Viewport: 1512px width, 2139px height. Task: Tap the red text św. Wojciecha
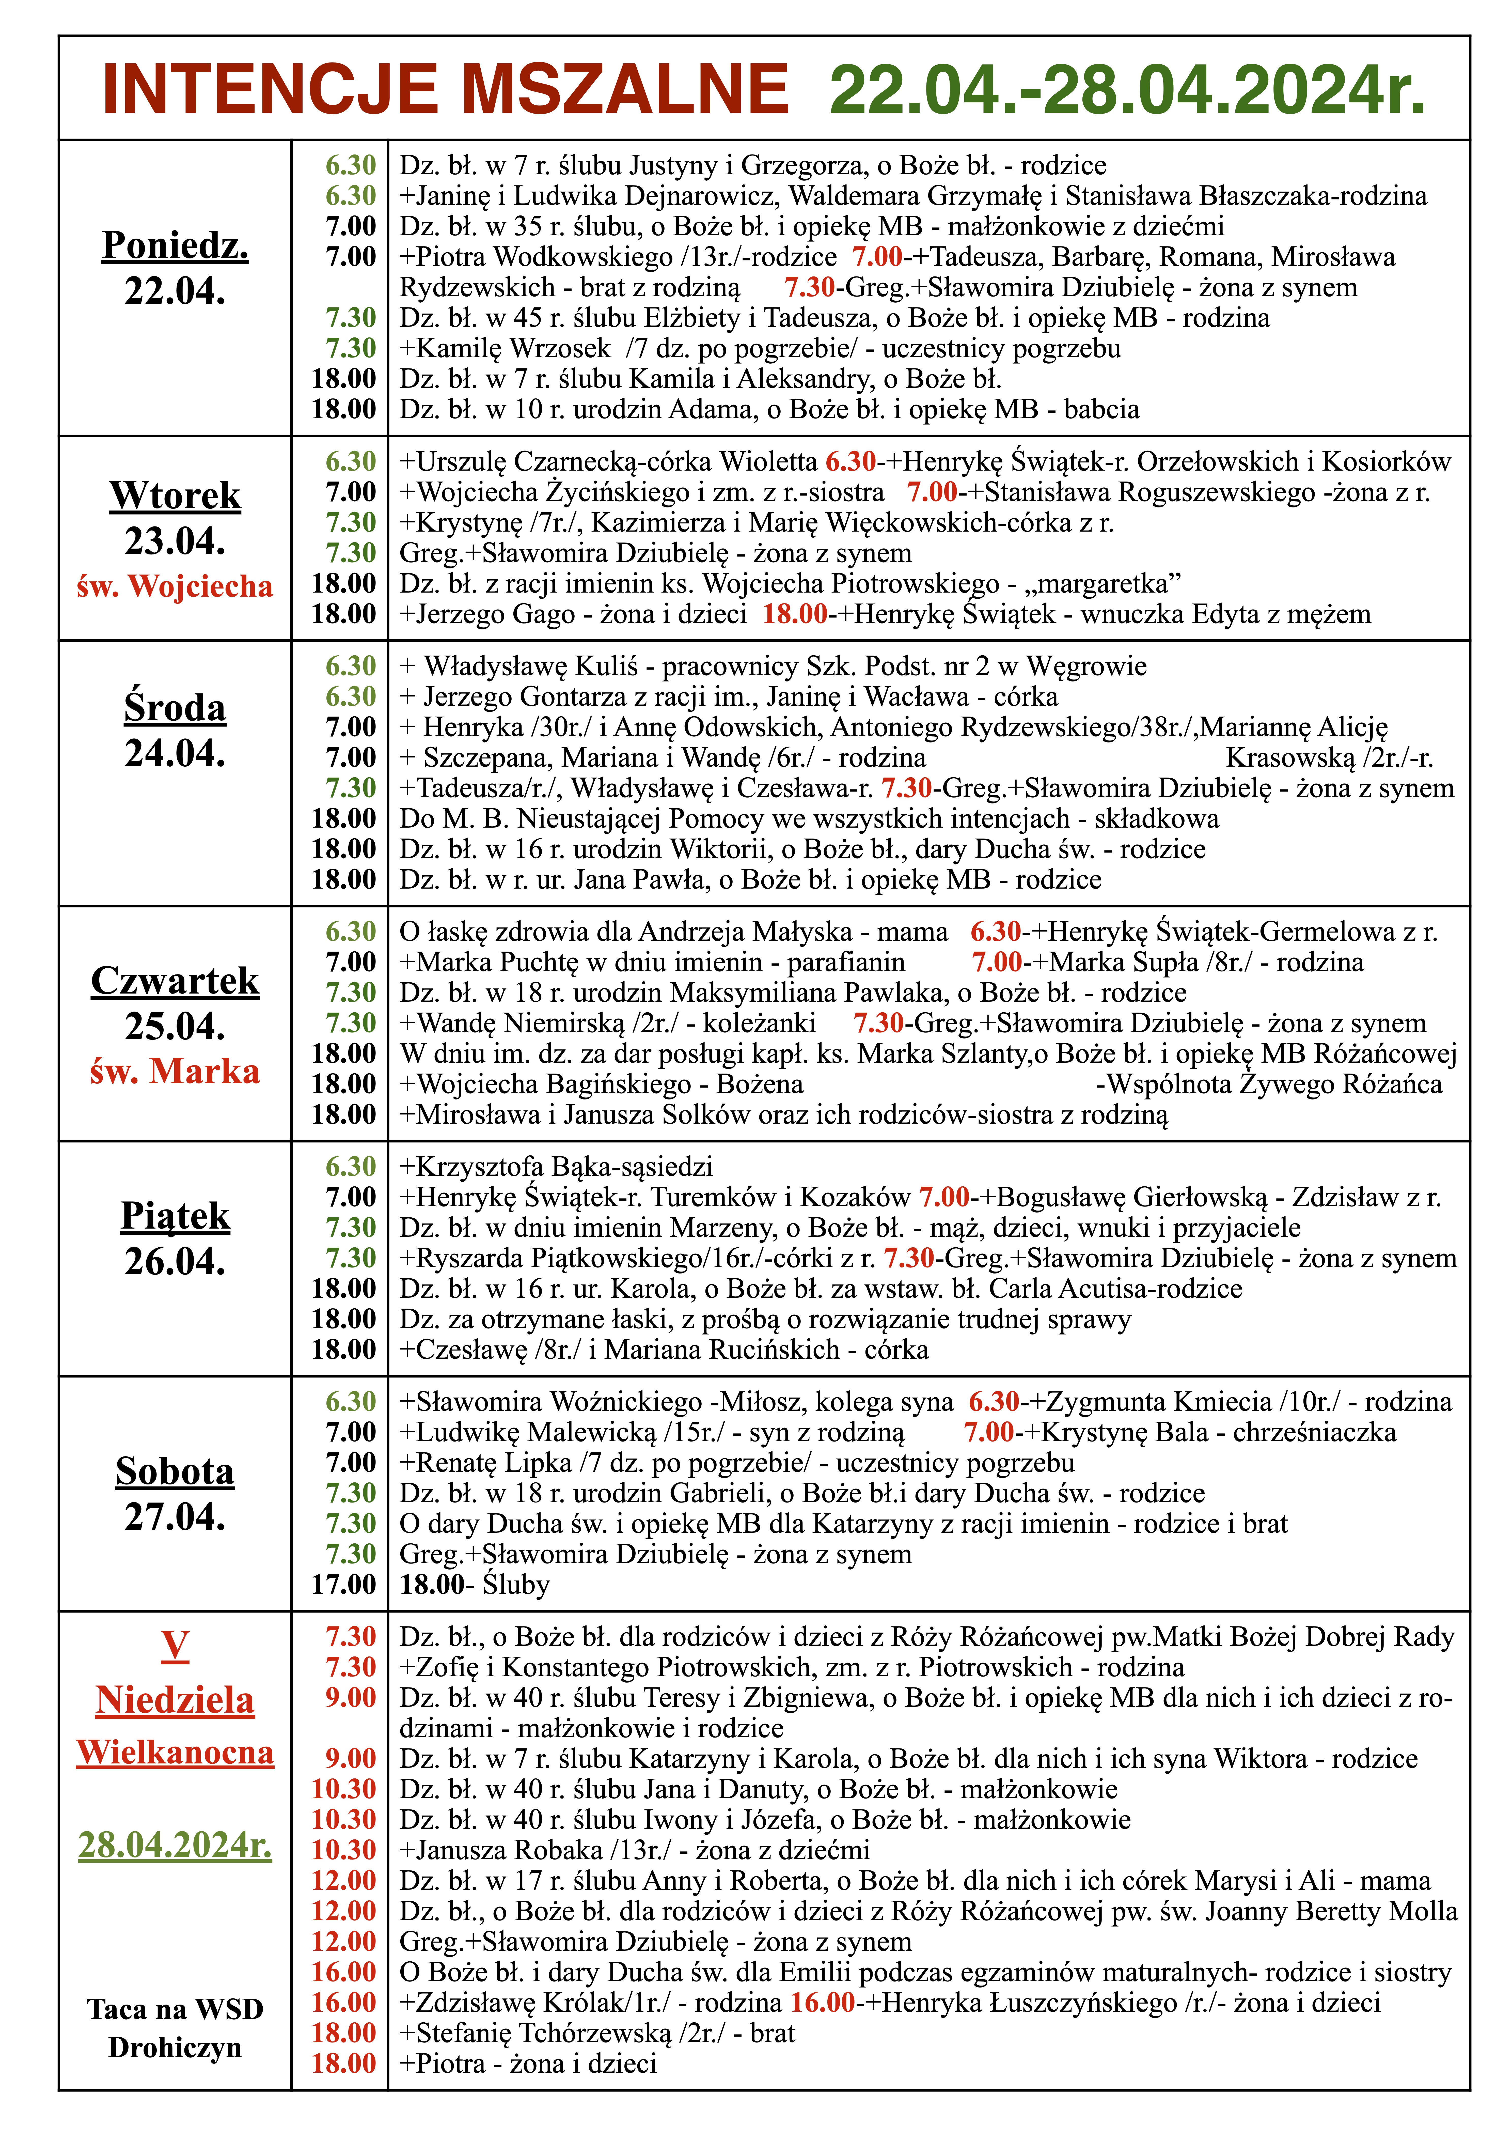coord(175,586)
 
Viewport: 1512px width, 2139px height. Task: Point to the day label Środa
coord(175,708)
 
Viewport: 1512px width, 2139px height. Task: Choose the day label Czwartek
coord(175,981)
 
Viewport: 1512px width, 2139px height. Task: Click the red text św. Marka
coord(175,1071)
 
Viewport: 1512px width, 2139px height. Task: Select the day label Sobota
coord(175,1472)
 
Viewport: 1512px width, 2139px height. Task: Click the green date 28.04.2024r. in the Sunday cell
coord(175,1844)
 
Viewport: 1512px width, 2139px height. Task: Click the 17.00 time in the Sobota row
coord(344,1585)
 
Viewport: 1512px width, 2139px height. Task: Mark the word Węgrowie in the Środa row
coord(1086,666)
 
